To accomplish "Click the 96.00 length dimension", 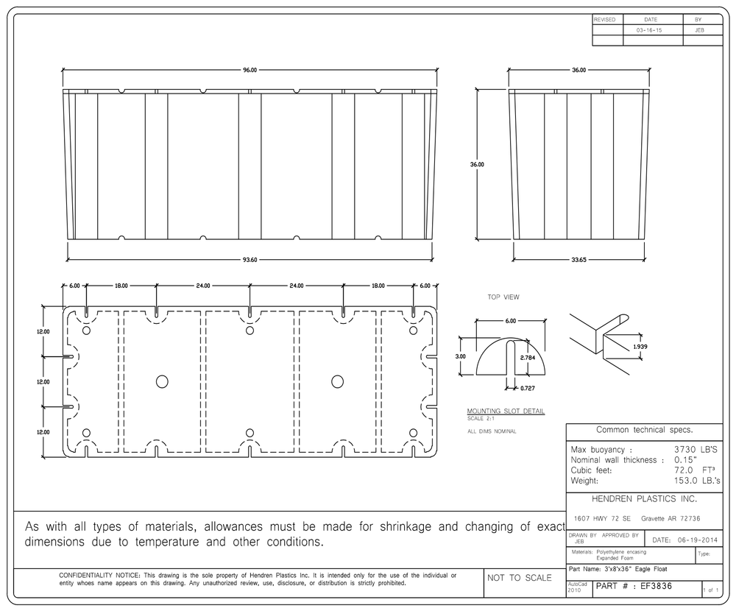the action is coord(250,70).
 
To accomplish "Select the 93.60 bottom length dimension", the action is coord(250,260).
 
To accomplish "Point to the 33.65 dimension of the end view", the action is coord(578,260).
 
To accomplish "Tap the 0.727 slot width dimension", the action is coord(528,389).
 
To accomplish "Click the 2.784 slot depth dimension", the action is coord(528,358).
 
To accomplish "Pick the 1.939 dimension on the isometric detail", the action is coord(640,347).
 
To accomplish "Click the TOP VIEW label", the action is coord(503,297).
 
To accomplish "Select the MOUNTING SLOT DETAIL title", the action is coord(506,411).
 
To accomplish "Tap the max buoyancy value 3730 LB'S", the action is coord(696,450).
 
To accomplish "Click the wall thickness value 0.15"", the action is coord(685,460).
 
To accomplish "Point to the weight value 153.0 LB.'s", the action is coord(696,481).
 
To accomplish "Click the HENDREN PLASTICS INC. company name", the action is coord(644,499).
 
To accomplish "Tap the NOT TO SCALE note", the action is coord(519,578).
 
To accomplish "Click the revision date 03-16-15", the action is coord(649,30).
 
